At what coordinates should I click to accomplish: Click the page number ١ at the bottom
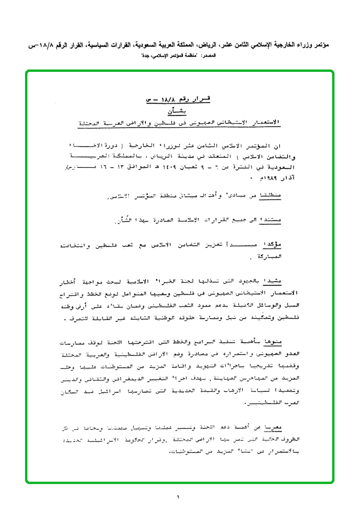click(x=179, y=497)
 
